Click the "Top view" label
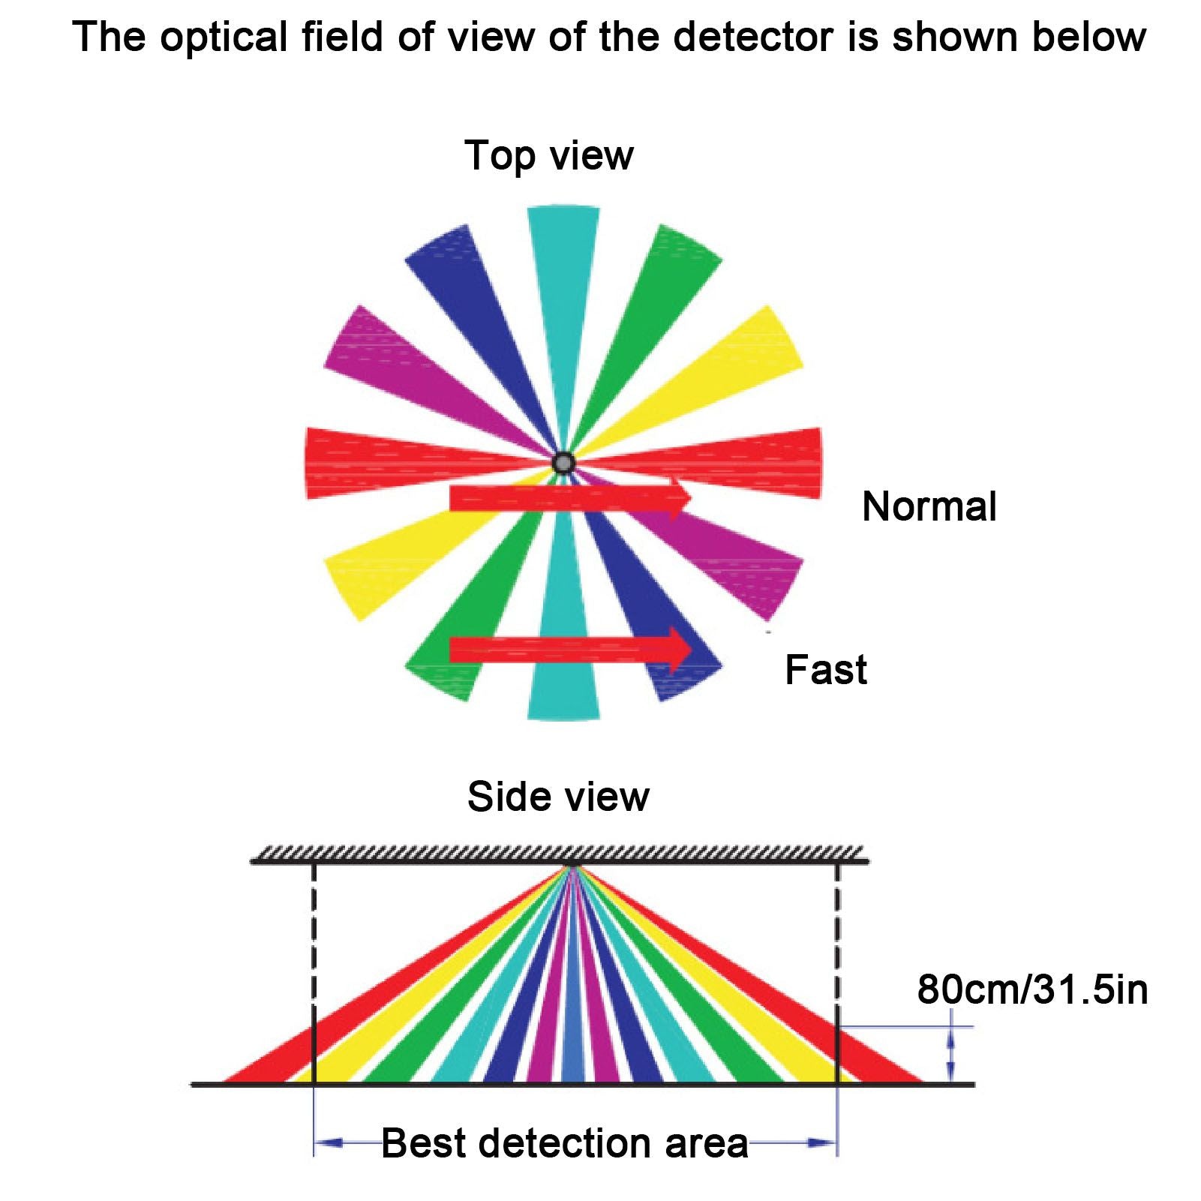coord(549,156)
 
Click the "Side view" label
coord(558,797)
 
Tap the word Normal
coord(929,506)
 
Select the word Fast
coord(826,669)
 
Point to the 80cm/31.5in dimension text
coord(1032,989)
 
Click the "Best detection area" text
coord(565,1143)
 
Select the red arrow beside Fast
coord(570,650)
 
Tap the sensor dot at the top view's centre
coord(563,463)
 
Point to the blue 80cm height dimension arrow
coord(951,1055)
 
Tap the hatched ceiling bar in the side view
coord(560,856)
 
